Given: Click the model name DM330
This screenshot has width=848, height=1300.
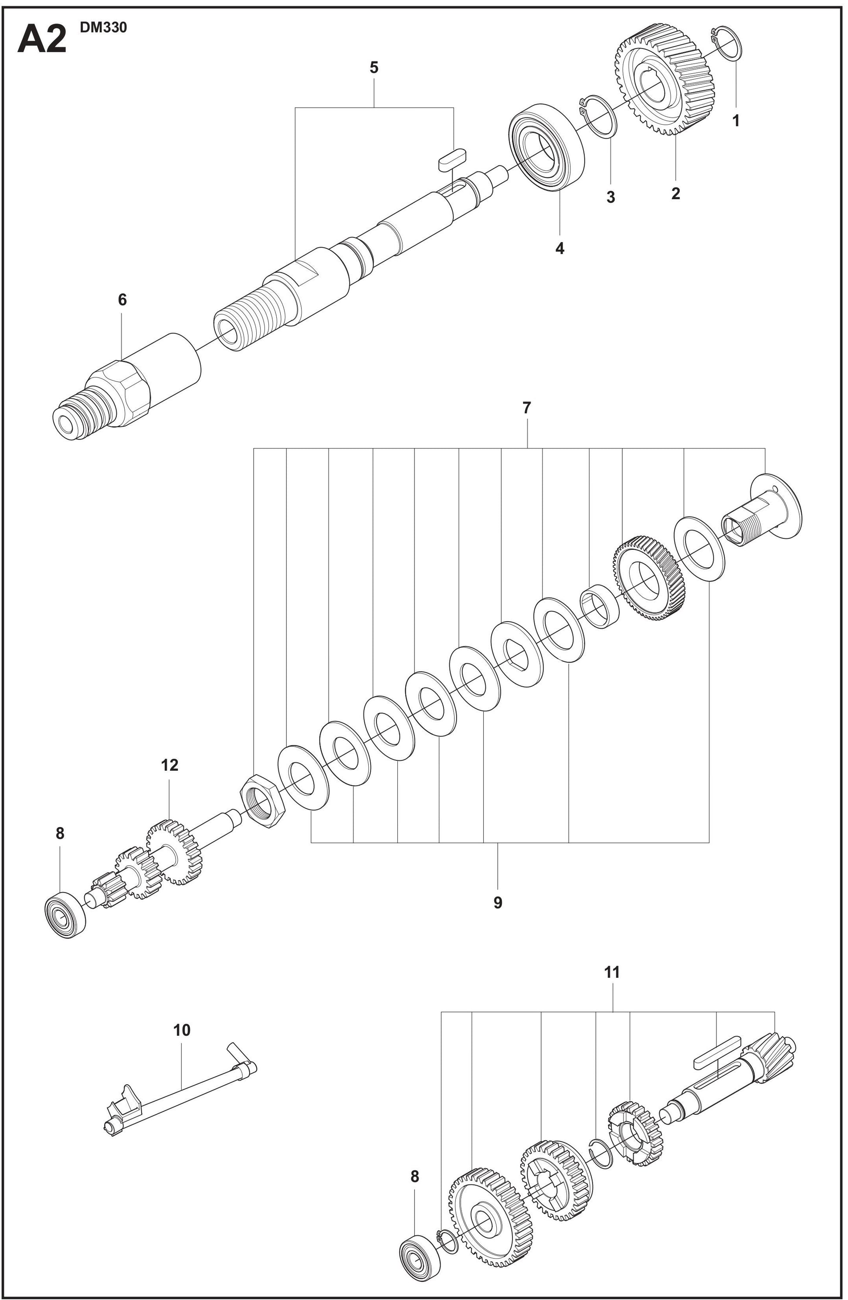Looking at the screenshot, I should pyautogui.click(x=103, y=28).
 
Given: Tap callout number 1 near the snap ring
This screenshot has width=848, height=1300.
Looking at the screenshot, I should pyautogui.click(x=736, y=121).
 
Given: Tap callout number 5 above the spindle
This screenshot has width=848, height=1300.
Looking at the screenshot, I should pyautogui.click(x=374, y=68).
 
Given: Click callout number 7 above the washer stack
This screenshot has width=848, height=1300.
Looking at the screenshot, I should pyautogui.click(x=526, y=408).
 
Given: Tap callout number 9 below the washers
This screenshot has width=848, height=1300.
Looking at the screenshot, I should pyautogui.click(x=498, y=903).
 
